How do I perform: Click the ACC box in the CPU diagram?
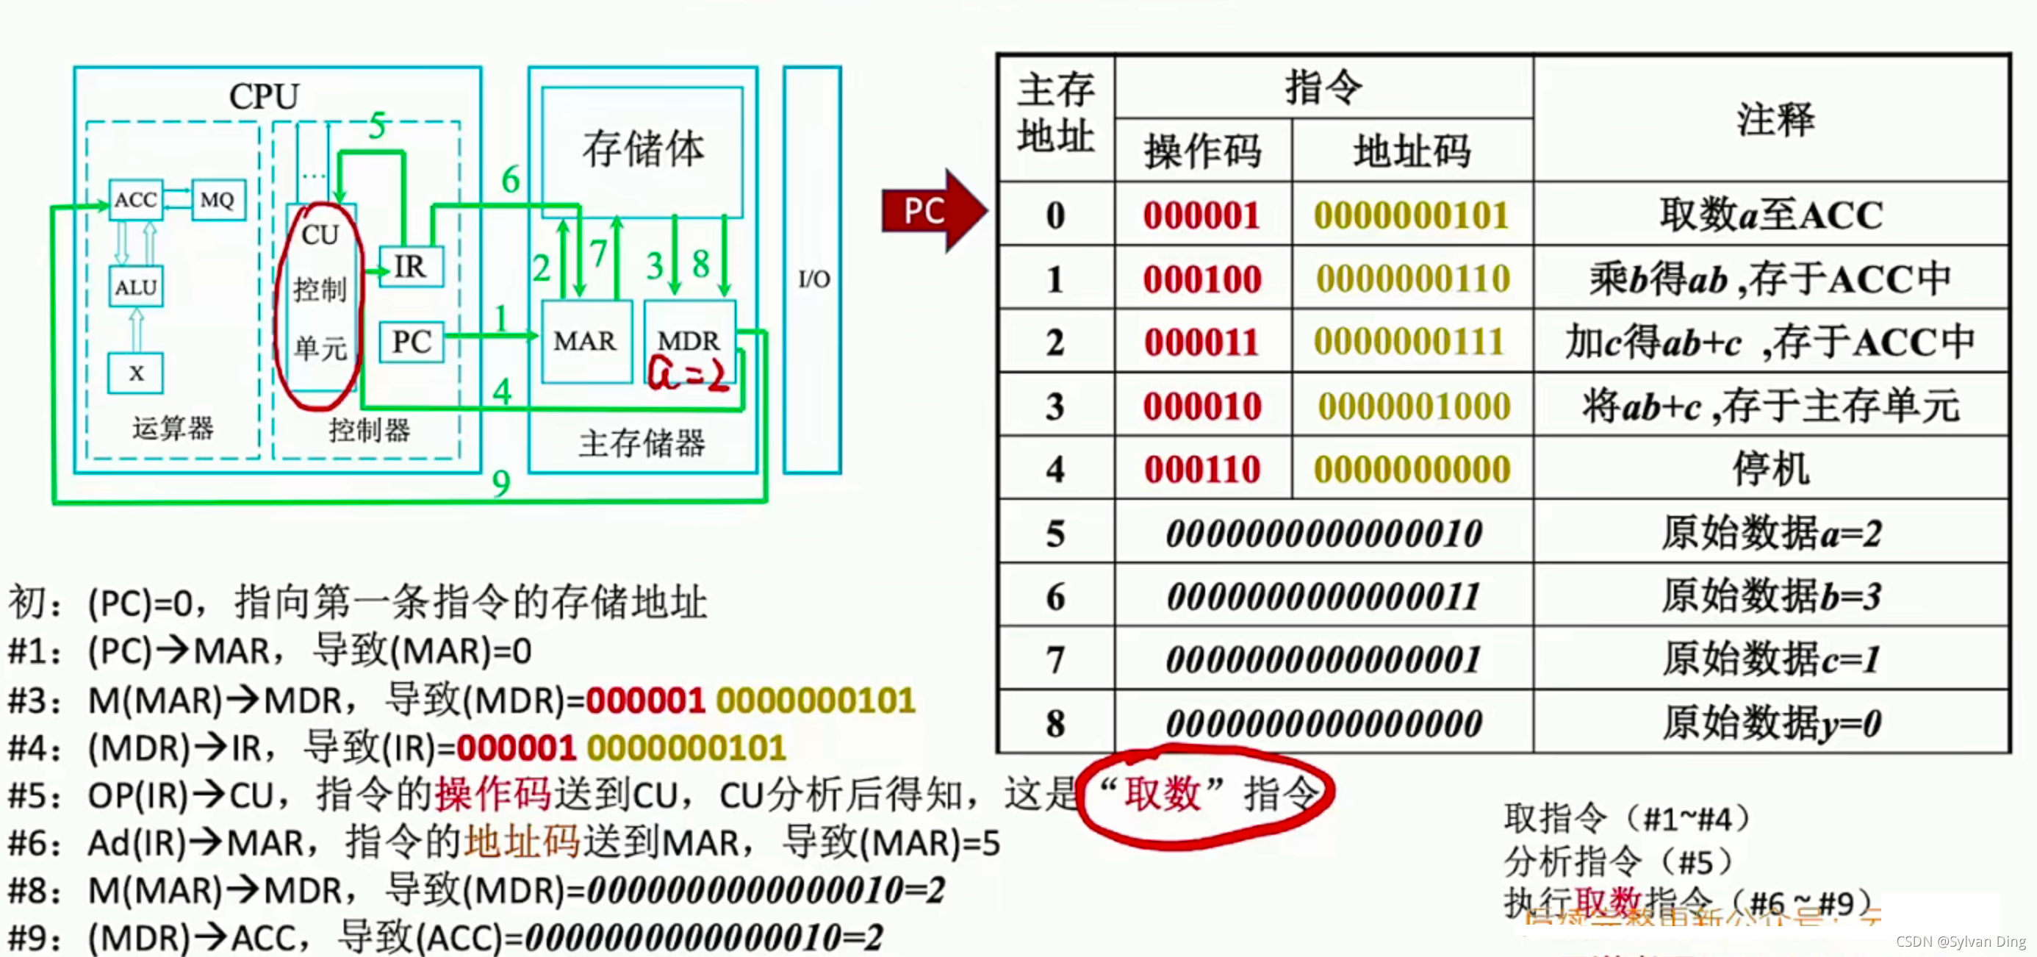tap(136, 199)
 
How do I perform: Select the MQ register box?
tap(218, 199)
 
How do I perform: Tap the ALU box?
tap(136, 287)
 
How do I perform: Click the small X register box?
tap(136, 373)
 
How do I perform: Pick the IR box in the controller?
tap(410, 267)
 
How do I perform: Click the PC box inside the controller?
tap(412, 342)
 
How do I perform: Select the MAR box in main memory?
tap(585, 341)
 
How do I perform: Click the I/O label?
tap(813, 279)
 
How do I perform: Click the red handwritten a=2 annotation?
tap(686, 374)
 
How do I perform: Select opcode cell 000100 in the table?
tap(1202, 279)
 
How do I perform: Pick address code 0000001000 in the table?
tap(1414, 406)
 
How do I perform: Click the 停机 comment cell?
tap(1770, 469)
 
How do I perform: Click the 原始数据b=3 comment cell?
tap(1770, 595)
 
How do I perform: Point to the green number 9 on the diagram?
tap(500, 482)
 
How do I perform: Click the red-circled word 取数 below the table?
tap(1163, 793)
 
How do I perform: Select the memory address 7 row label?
tap(1055, 659)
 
